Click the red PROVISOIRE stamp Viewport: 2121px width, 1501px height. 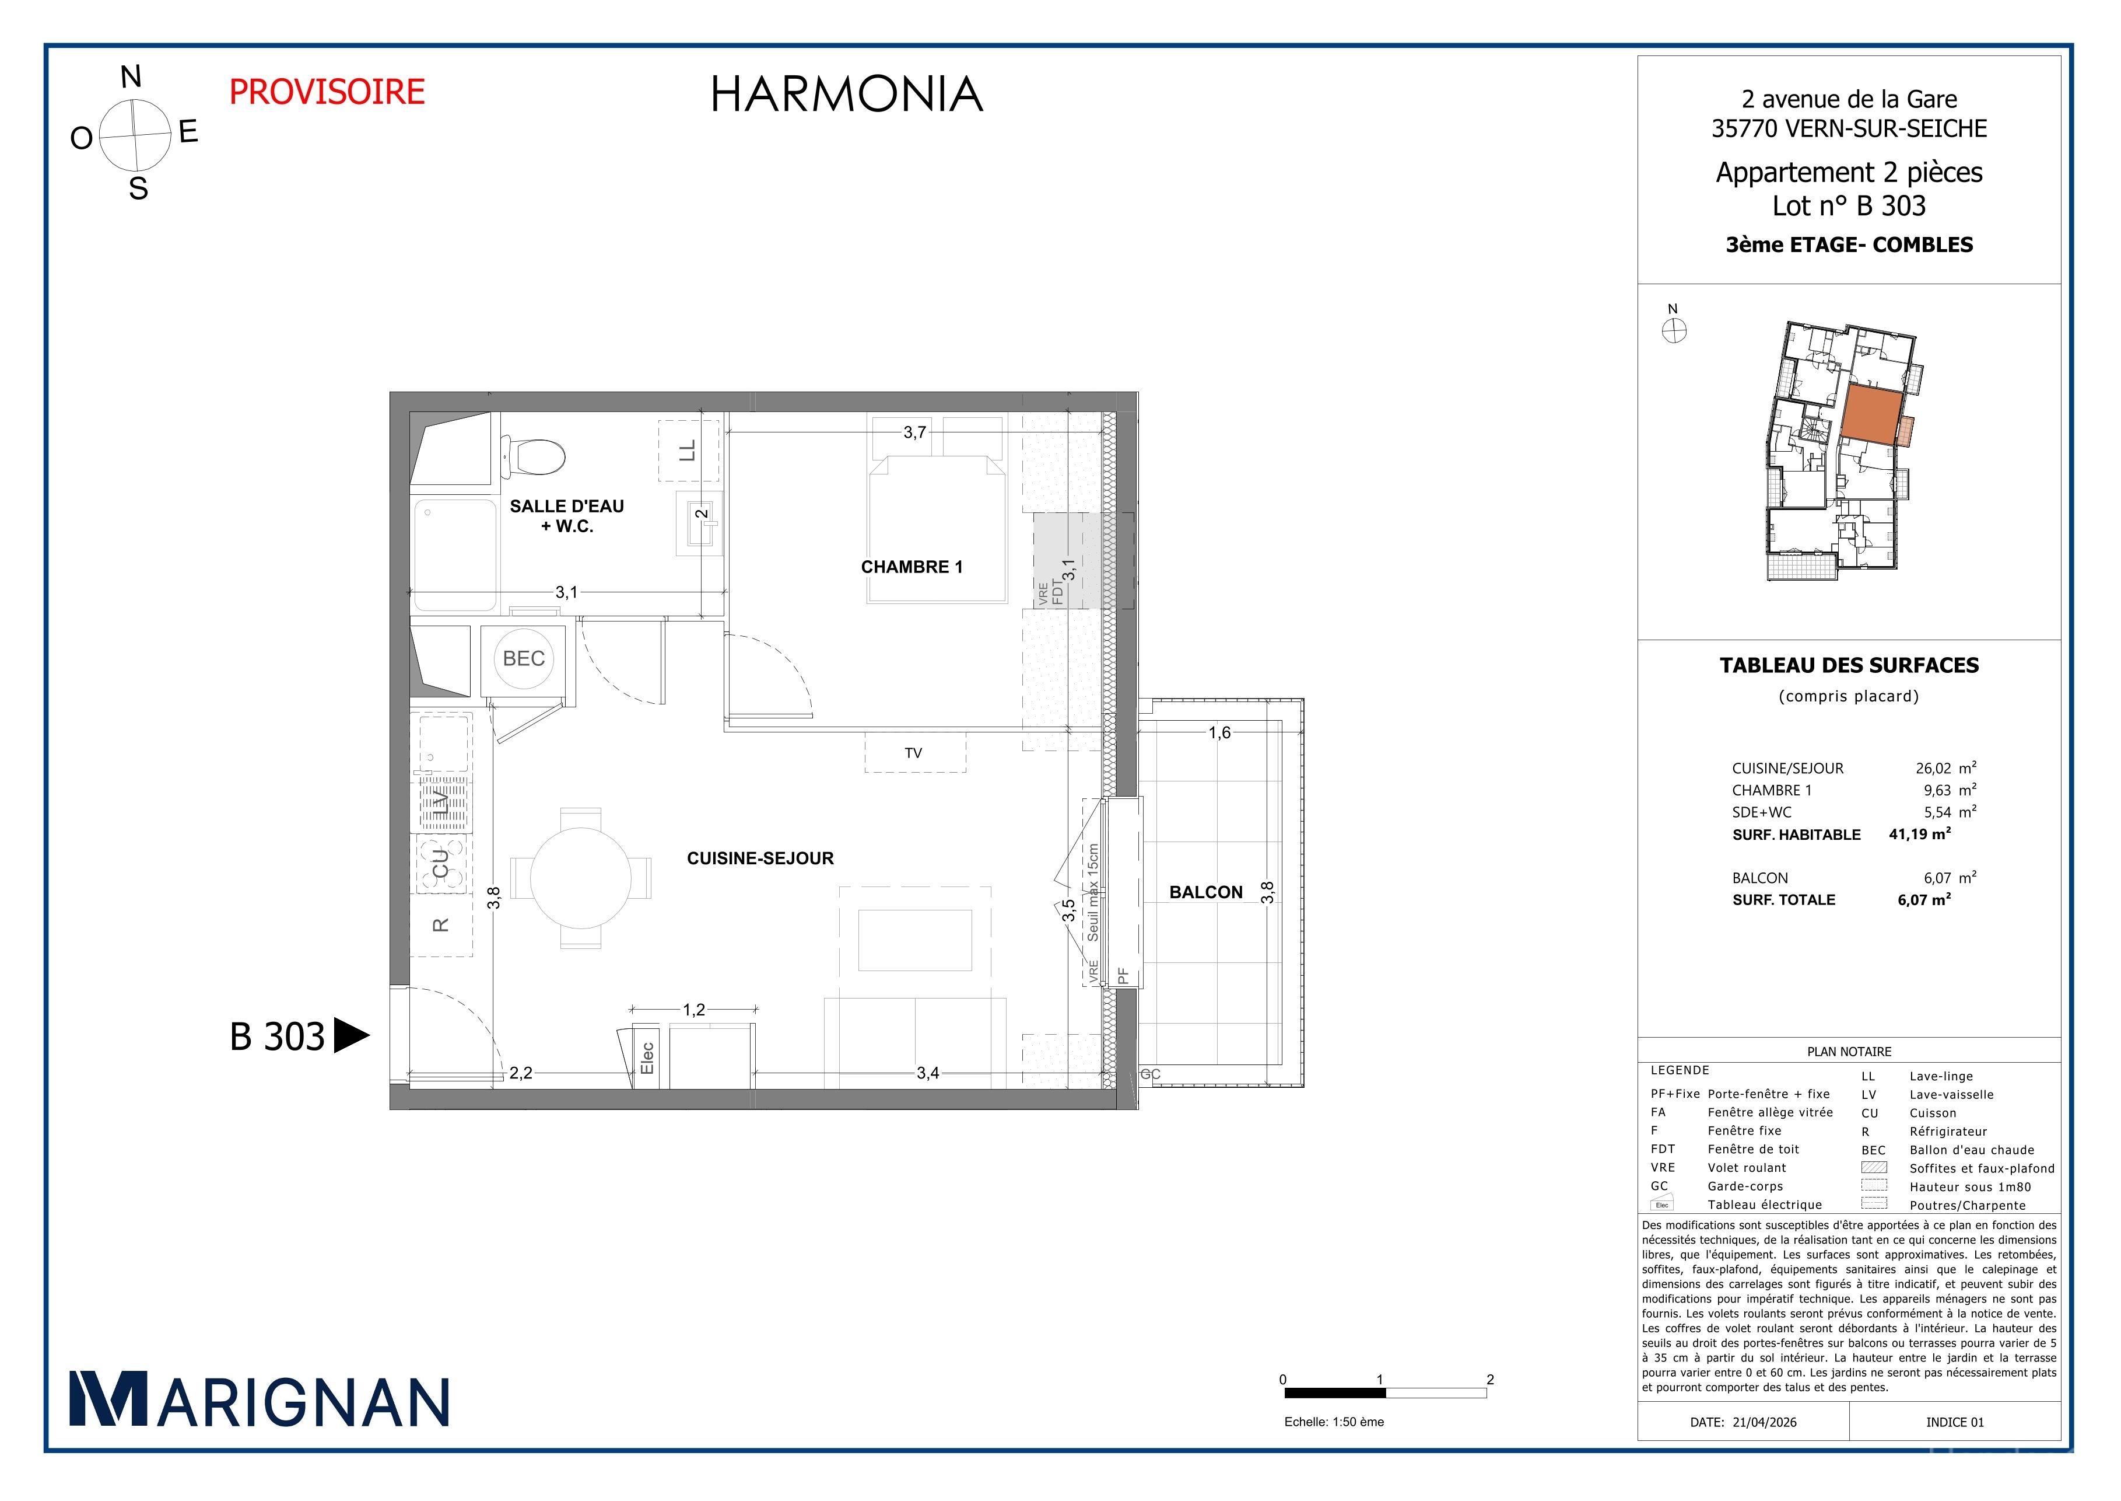click(327, 92)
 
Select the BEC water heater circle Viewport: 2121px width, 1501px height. click(524, 659)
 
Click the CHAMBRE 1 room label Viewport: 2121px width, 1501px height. click(911, 567)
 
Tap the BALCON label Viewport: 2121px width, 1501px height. click(1205, 893)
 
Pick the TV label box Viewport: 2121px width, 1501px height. click(914, 752)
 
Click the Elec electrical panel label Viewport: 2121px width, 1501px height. click(647, 1058)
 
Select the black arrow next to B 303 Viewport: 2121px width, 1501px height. click(351, 1036)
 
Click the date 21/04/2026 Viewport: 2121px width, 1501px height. click(1765, 1422)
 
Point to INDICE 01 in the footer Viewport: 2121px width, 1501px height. click(1955, 1422)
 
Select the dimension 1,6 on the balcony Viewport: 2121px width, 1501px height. click(1219, 733)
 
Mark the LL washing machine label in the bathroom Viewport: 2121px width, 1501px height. click(688, 450)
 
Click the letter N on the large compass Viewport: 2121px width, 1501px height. click(131, 78)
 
